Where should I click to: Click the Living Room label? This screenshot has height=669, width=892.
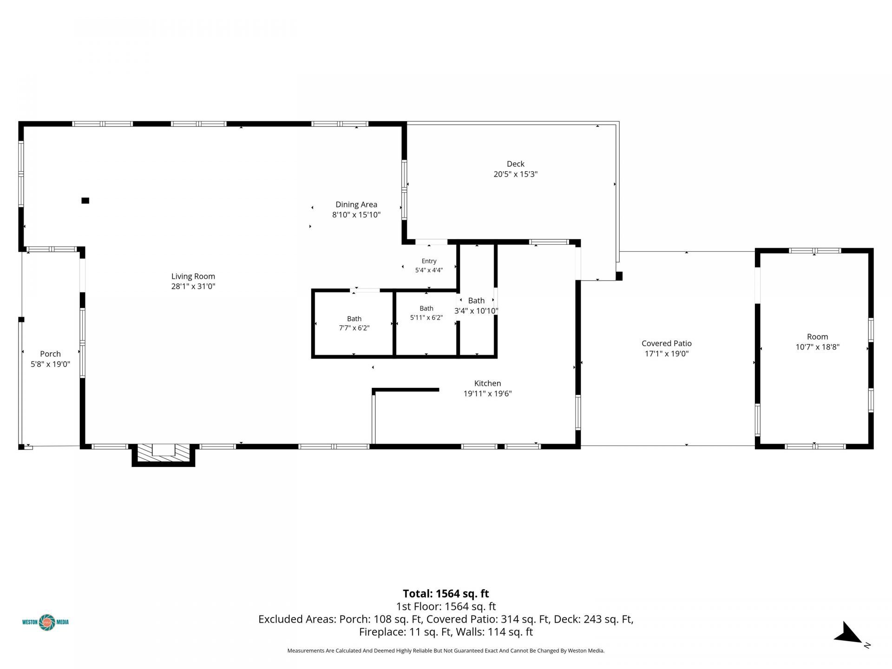[x=193, y=276]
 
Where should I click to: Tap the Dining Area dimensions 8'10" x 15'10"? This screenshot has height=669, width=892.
[x=356, y=215]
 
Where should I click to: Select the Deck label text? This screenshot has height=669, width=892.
[x=515, y=164]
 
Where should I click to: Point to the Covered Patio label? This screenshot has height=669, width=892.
[x=667, y=343]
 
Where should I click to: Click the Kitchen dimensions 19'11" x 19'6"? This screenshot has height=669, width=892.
[x=487, y=394]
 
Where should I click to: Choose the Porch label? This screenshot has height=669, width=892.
[x=50, y=354]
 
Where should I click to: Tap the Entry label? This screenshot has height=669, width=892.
[x=429, y=261]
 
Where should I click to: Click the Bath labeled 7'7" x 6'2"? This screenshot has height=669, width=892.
[x=354, y=319]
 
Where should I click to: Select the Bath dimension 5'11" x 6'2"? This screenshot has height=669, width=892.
[x=426, y=318]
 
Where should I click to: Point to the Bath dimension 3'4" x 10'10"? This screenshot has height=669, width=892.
[x=476, y=311]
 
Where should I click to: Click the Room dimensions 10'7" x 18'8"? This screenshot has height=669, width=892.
[x=817, y=347]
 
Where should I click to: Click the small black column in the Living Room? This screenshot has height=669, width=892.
[x=85, y=201]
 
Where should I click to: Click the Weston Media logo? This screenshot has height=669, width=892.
[x=46, y=622]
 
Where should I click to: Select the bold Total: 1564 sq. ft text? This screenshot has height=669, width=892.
[x=446, y=593]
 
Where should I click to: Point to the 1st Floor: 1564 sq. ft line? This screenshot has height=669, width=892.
[x=446, y=606]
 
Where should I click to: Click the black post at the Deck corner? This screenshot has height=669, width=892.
[x=619, y=276]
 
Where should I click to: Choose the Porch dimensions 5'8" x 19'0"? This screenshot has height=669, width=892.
[x=50, y=364]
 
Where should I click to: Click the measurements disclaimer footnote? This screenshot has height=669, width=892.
[x=446, y=650]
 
